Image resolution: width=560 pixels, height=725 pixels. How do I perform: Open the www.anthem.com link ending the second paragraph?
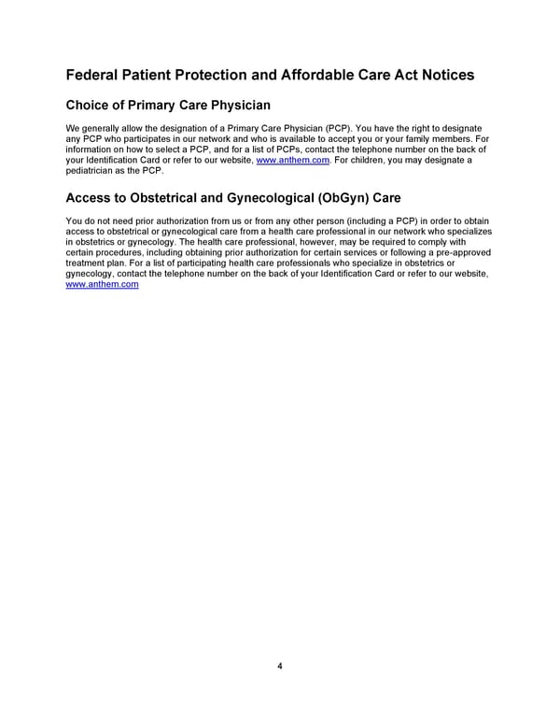(103, 285)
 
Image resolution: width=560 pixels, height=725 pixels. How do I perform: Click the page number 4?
(279, 666)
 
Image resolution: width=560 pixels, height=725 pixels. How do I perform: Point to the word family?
(431, 138)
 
